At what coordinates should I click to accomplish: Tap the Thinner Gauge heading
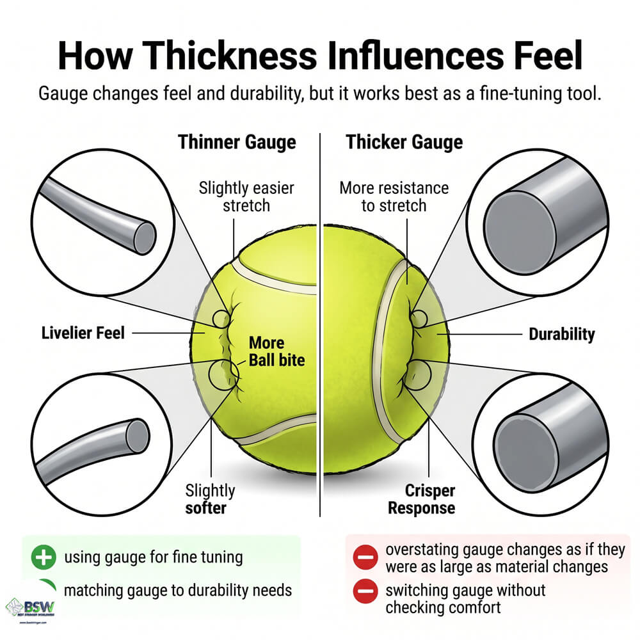237,143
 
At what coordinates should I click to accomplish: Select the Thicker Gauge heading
404,143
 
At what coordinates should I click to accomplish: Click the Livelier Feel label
83,333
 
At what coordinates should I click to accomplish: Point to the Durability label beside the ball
562,334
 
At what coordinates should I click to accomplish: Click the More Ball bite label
276,351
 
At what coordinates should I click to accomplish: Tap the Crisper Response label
422,499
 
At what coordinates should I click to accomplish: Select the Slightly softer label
210,499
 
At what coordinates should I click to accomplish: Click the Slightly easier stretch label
246,196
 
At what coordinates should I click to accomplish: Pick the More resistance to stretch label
394,196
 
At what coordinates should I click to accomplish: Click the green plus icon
44,557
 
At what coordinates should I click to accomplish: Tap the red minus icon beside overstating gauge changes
365,557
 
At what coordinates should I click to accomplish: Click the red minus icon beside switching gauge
365,591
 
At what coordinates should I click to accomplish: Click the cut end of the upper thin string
145,238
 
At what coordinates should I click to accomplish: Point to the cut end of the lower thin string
138,435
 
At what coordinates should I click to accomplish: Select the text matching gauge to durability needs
178,591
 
